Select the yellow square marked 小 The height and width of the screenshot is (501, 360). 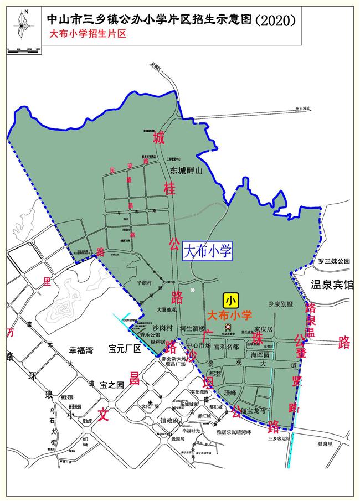coord(230,301)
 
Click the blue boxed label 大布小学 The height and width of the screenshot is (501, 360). coord(206,251)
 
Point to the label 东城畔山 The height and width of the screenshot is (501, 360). coord(187,171)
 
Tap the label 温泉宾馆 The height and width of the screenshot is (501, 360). coord(332,285)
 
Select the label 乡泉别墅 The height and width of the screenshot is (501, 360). coord(280,304)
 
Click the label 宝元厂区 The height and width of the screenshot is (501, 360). coord(126,349)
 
